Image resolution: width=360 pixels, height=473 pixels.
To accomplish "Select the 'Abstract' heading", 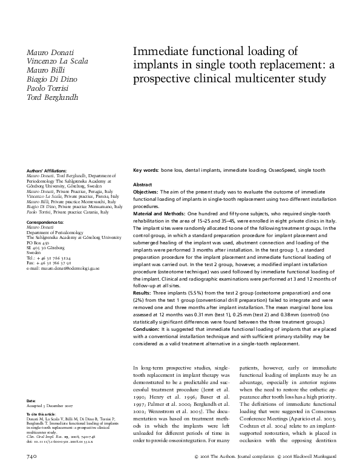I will pyautogui.click(x=142, y=184).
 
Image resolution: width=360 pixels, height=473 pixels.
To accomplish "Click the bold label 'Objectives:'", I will pyautogui.click(x=148, y=192).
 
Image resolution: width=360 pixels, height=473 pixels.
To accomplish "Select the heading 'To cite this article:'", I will pyautogui.click(x=43, y=413).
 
